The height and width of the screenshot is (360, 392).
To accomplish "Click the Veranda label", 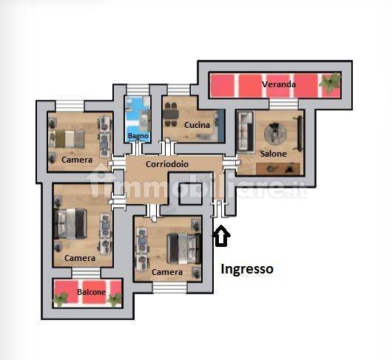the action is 279,84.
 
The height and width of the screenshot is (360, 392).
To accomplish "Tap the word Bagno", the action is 138,136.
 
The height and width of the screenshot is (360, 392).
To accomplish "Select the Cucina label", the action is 197,125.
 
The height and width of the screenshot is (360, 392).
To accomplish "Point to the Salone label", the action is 273,154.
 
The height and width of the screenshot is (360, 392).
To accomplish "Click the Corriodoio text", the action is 167,164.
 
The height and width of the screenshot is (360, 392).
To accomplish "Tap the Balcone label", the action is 91,292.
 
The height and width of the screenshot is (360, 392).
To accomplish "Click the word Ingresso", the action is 247,269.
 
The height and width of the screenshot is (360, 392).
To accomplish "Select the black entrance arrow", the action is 221,236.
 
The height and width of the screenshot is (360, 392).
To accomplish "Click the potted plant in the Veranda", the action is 331,82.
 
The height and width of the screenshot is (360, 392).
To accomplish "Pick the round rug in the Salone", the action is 275,134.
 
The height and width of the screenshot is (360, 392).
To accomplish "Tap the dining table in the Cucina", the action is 171,115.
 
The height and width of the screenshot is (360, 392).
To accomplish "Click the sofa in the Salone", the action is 246,132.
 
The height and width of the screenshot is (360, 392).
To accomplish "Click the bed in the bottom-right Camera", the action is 185,248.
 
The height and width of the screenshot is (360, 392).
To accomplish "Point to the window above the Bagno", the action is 138,89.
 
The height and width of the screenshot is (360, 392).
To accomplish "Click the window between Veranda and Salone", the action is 284,104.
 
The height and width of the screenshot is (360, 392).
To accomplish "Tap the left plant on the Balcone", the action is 60,299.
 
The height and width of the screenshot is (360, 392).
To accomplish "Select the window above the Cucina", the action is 178,89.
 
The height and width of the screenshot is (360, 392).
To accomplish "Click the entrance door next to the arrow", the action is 219,208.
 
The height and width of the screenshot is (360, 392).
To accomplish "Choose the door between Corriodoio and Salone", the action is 231,163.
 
